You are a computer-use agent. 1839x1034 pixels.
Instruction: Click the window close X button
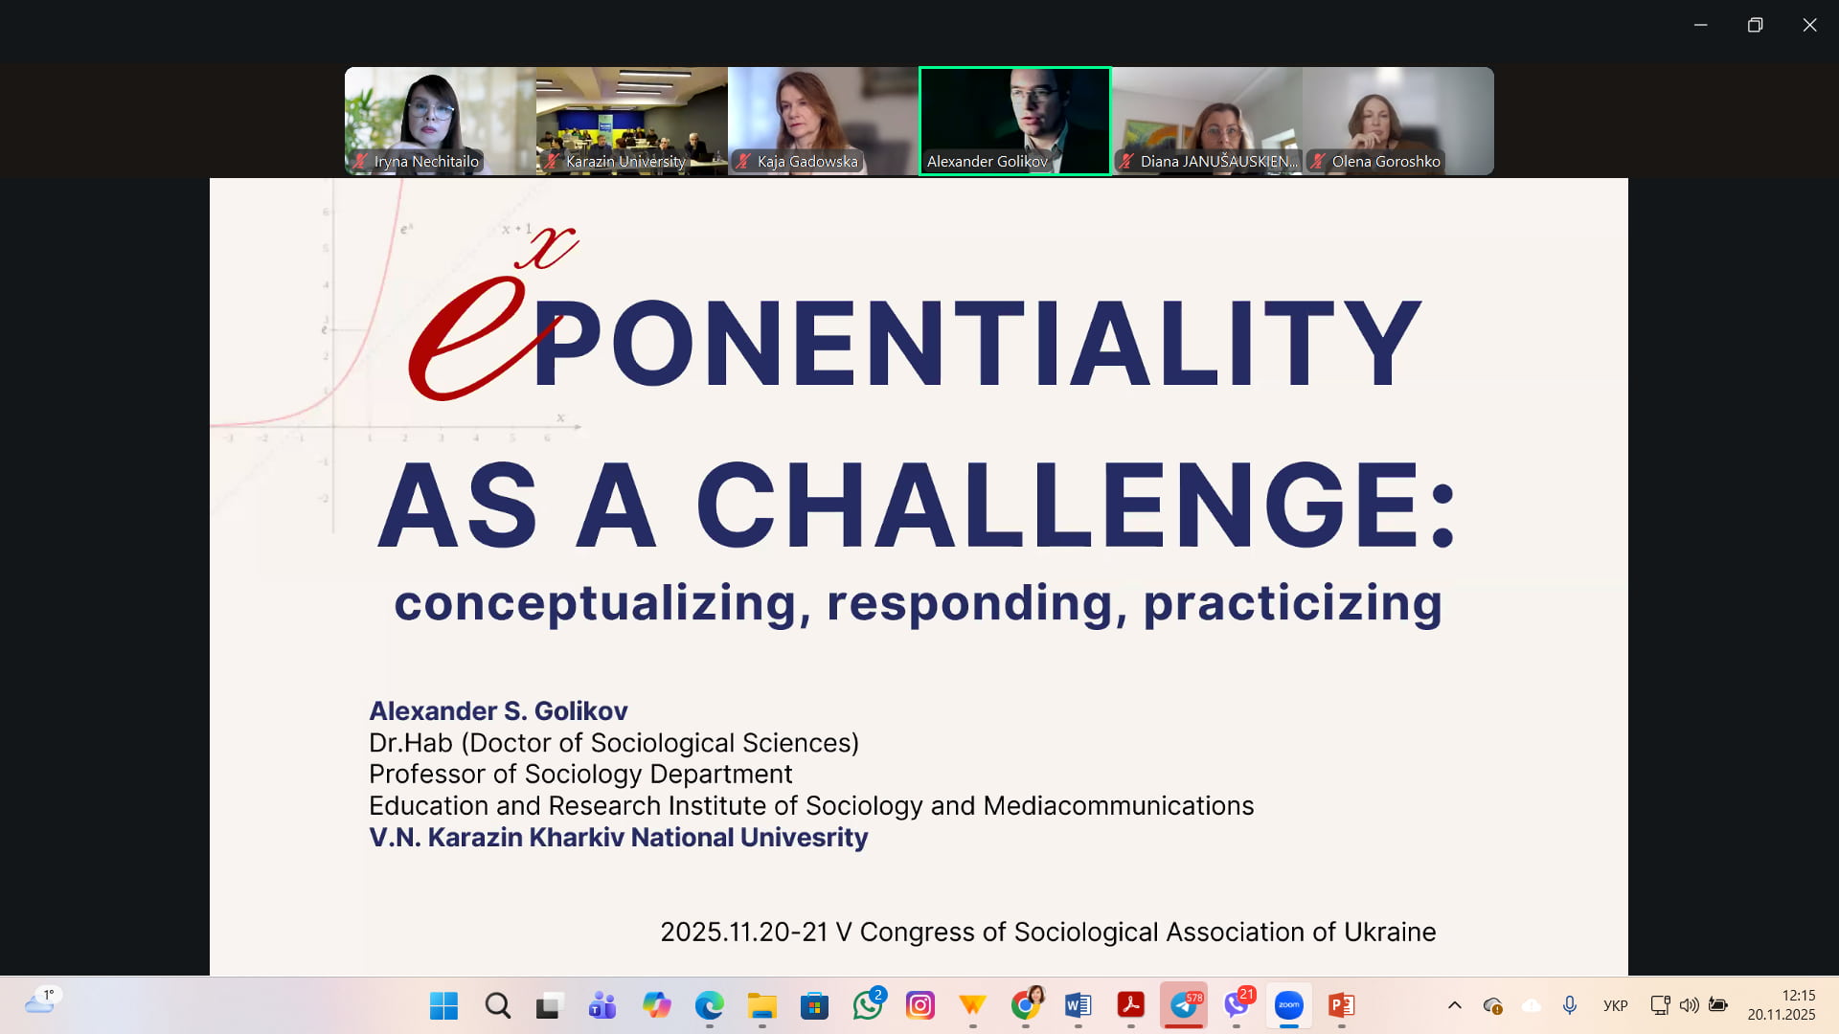pyautogui.click(x=1809, y=25)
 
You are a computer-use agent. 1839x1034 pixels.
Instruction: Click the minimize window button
pyautogui.click(x=1700, y=25)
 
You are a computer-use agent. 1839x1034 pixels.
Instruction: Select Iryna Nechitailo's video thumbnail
pyautogui.click(x=441, y=121)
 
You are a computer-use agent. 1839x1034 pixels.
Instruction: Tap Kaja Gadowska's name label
pyautogui.click(x=806, y=162)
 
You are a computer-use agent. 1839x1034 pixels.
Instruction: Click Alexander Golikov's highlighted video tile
pyautogui.click(x=1015, y=121)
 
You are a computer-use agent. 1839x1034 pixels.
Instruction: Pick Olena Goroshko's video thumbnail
pyautogui.click(x=1398, y=121)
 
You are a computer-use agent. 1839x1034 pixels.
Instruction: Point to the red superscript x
pyautogui.click(x=547, y=247)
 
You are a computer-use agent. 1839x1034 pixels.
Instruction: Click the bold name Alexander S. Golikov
pyautogui.click(x=498, y=710)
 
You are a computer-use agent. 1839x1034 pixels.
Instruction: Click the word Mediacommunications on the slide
pyautogui.click(x=1119, y=806)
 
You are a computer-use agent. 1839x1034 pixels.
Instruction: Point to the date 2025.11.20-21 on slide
pyautogui.click(x=744, y=933)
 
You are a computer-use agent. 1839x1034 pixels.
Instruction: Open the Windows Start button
pyautogui.click(x=443, y=1005)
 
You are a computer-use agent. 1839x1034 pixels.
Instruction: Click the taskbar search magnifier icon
pyautogui.click(x=497, y=1005)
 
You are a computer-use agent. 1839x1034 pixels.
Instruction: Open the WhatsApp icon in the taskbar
pyautogui.click(x=867, y=1005)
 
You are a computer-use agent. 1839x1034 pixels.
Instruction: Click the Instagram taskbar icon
pyautogui.click(x=919, y=1005)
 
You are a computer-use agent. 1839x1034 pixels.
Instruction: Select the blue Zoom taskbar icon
pyautogui.click(x=1288, y=1005)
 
